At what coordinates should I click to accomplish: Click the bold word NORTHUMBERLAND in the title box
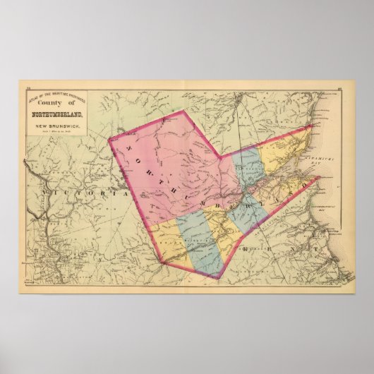[x=63, y=116]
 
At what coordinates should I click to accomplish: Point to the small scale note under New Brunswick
[x=62, y=133]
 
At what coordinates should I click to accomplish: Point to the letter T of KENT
[x=315, y=251]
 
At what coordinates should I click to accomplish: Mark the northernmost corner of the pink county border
[x=183, y=111]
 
